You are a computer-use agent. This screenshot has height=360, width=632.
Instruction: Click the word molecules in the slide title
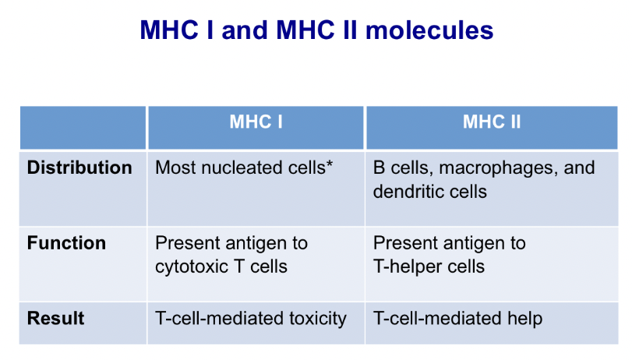tap(429, 30)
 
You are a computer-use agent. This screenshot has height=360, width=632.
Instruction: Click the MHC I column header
tap(256, 122)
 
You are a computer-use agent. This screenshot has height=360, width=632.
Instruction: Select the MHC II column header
tap(492, 122)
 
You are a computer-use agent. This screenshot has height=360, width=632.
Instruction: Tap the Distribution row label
tap(79, 168)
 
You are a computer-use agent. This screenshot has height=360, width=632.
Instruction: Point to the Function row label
tap(66, 243)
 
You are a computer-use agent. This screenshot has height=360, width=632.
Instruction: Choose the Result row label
tap(55, 319)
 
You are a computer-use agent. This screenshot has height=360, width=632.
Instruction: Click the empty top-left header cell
tap(83, 128)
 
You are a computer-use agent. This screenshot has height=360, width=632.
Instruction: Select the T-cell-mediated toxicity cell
tap(256, 323)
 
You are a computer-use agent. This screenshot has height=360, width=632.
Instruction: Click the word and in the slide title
tap(245, 30)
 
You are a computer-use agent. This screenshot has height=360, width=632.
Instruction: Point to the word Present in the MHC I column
tap(188, 243)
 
